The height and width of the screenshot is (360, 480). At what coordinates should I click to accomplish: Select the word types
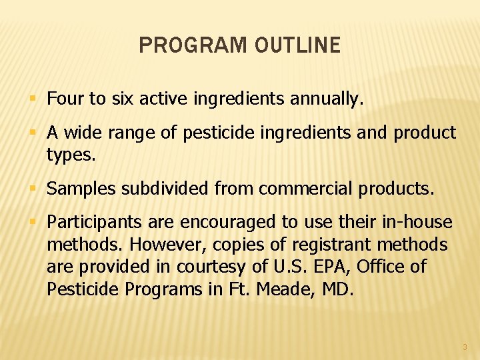[x=71, y=155]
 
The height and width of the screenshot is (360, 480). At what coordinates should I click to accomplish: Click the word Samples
[x=77, y=189]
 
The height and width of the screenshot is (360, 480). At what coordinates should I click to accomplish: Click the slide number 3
[x=465, y=347]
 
